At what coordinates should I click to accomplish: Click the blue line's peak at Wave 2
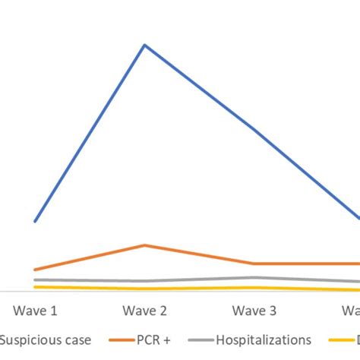click(x=144, y=45)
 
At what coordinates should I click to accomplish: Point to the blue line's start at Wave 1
click(x=35, y=221)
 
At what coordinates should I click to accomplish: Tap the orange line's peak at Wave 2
click(x=144, y=245)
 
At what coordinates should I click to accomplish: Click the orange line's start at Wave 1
click(x=35, y=270)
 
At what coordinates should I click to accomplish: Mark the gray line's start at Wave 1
click(x=35, y=279)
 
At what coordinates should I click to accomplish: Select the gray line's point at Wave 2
click(x=144, y=282)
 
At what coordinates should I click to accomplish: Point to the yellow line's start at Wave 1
click(x=35, y=286)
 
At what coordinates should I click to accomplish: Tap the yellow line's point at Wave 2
click(x=144, y=289)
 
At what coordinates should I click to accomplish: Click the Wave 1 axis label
click(x=35, y=311)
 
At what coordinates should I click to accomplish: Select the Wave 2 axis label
click(x=144, y=311)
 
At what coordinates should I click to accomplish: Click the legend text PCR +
click(x=155, y=339)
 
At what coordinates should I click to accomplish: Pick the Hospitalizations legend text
click(x=264, y=339)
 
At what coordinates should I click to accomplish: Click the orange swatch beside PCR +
click(x=122, y=339)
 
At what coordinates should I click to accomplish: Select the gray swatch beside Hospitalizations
click(x=200, y=339)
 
